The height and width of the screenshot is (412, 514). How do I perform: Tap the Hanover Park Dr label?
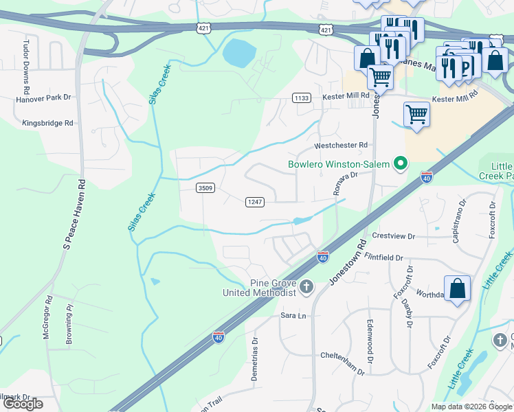[43, 98]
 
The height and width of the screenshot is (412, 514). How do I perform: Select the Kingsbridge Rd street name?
[47, 124]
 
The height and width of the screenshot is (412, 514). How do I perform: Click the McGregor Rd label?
[47, 317]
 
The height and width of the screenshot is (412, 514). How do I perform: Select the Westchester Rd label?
[342, 146]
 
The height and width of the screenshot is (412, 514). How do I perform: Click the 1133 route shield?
[301, 98]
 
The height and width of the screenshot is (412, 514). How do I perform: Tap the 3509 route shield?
[204, 187]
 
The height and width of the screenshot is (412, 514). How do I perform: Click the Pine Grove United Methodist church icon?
[306, 286]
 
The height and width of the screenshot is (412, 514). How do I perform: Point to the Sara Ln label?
[292, 315]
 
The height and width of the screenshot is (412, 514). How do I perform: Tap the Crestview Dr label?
[394, 236]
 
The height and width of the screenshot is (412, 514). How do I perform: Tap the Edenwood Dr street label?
[370, 341]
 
